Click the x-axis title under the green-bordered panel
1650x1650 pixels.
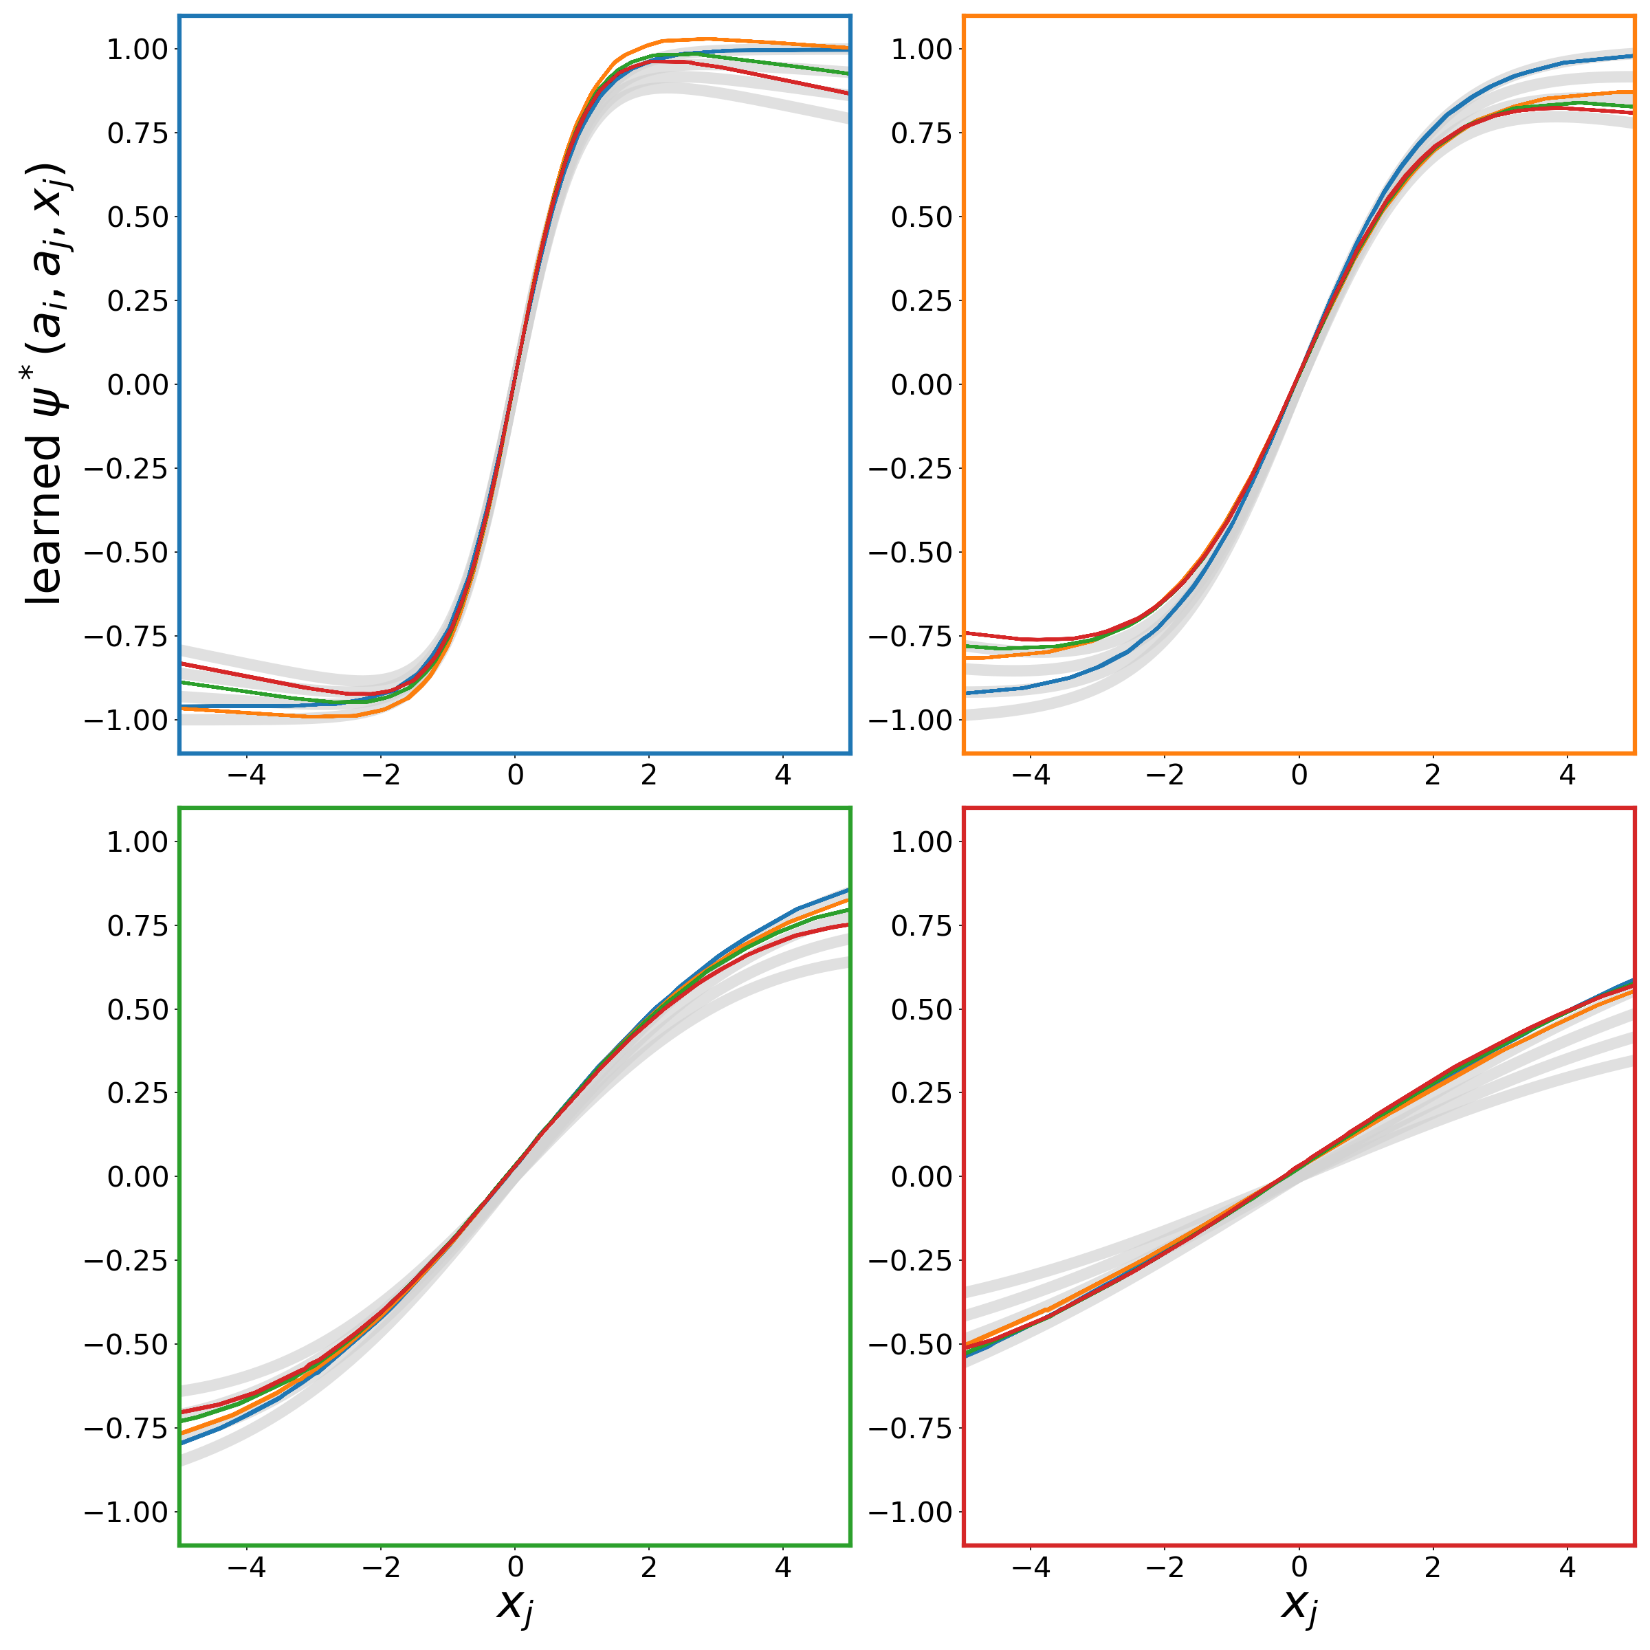tap(515, 1605)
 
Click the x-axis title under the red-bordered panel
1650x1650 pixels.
tap(1299, 1605)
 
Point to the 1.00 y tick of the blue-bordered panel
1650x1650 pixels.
tap(137, 49)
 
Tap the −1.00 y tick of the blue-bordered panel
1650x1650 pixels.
tap(126, 720)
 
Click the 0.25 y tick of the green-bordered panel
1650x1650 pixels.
tap(137, 1092)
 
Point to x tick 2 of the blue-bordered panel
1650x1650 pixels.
tap(649, 775)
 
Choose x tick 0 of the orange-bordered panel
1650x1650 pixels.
tap(1299, 775)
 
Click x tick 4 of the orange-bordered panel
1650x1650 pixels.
tap(1567, 775)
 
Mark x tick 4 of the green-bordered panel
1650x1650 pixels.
tap(783, 1568)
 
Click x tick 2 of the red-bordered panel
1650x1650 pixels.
tap(1433, 1568)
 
